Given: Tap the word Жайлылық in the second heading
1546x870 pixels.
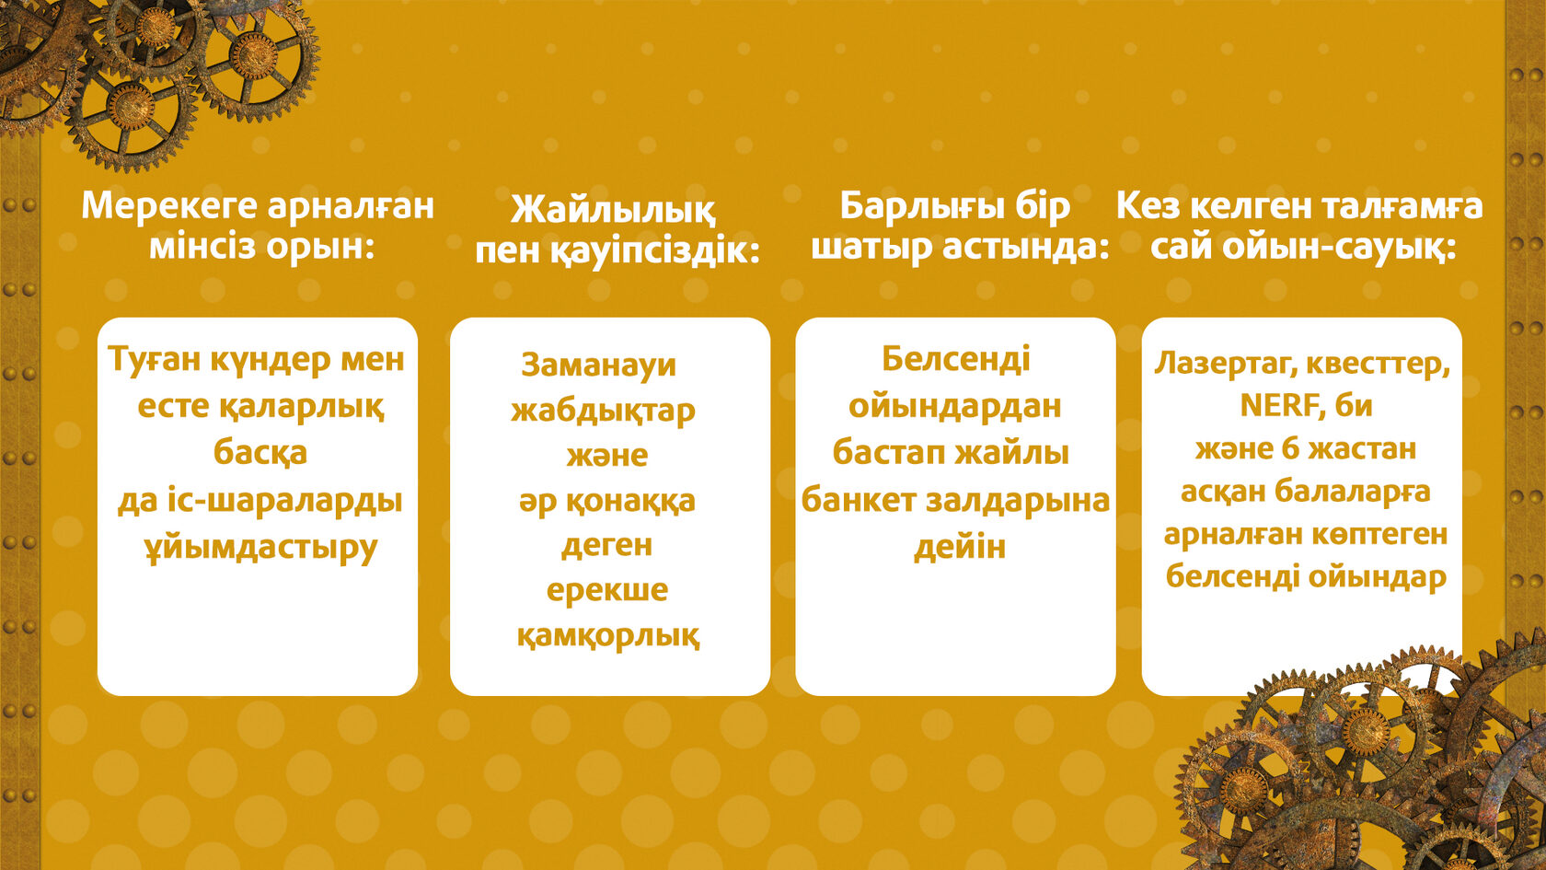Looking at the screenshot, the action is tap(612, 210).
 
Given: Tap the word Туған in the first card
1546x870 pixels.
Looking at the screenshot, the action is tap(154, 361).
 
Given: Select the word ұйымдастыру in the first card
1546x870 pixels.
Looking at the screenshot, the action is tap(261, 549).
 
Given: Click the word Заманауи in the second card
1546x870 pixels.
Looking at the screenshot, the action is tap(598, 365).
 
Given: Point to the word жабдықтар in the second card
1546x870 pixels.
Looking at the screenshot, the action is tap(603, 412).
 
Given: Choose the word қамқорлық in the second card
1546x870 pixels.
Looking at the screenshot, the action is tap(608, 635).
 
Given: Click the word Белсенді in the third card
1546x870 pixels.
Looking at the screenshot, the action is tap(956, 359).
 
